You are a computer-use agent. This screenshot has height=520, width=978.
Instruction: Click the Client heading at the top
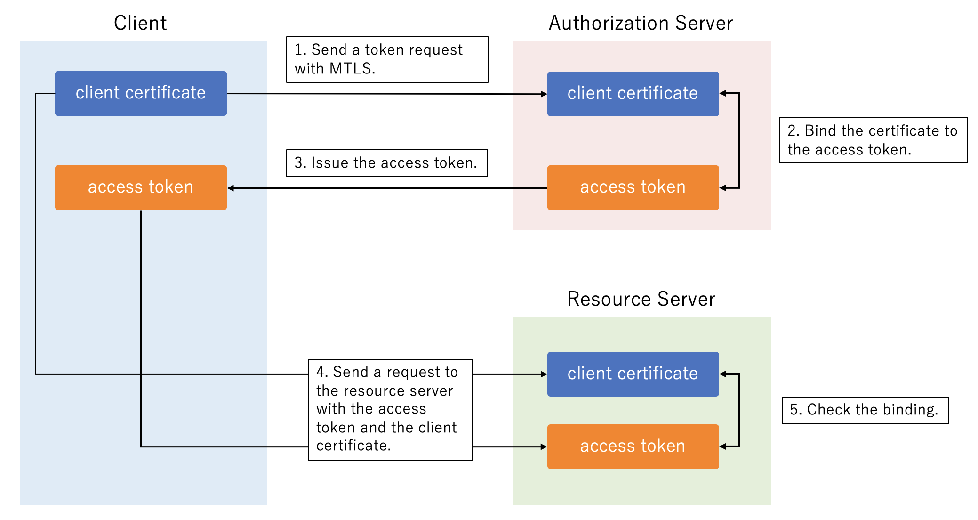[140, 23]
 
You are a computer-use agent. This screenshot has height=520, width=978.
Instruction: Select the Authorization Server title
[641, 23]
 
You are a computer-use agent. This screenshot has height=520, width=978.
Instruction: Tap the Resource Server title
[641, 299]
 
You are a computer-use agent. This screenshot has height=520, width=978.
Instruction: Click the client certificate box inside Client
[141, 93]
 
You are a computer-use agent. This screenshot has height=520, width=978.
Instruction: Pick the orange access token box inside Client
[141, 187]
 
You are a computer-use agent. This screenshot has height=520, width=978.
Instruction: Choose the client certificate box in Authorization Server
[633, 94]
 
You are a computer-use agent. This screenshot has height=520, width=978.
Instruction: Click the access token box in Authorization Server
[633, 187]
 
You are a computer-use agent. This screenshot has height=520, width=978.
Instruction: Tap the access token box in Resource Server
[633, 447]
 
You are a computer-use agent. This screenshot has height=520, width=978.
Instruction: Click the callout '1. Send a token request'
[387, 59]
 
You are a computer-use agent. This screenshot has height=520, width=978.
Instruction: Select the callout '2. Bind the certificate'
[873, 140]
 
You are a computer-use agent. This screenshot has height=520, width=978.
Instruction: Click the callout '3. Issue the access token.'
[387, 163]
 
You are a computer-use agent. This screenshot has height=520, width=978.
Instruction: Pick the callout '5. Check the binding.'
[865, 410]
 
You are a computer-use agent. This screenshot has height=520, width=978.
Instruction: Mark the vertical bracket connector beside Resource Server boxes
[739, 410]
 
